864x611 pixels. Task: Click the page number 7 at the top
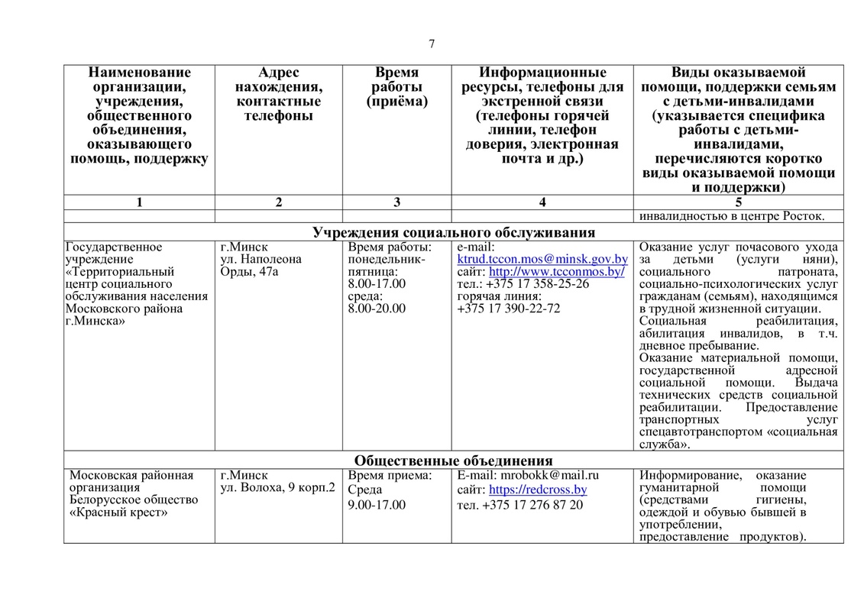coord(432,44)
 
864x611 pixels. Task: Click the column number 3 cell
coord(396,202)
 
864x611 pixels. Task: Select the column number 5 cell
coord(738,202)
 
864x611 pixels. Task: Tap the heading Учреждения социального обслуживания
coord(454,232)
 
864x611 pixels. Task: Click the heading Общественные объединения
coord(453,461)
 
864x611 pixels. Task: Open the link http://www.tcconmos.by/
coord(557,272)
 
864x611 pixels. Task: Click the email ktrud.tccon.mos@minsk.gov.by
coord(542,260)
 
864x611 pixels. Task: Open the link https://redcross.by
coord(538,490)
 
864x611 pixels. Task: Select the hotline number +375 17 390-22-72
coord(508,309)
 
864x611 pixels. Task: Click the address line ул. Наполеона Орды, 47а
coord(260,265)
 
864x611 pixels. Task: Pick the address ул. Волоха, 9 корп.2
coord(277,487)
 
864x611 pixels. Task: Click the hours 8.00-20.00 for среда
coord(377,309)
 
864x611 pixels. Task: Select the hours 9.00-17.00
coord(377,505)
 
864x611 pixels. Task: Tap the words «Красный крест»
coord(118,512)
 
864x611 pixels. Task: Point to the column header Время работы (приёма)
coord(396,86)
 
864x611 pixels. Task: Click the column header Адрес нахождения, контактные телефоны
coord(278,94)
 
